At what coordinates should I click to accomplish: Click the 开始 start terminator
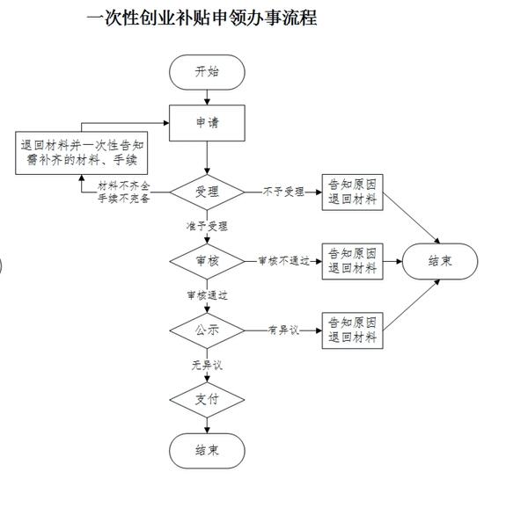pyautogui.click(x=207, y=72)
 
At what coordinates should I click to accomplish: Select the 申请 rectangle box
pyautogui.click(x=207, y=123)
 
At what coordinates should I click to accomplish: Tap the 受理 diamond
pyautogui.click(x=207, y=192)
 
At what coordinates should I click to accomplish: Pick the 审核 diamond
pyautogui.click(x=207, y=261)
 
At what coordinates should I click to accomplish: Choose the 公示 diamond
pyautogui.click(x=207, y=330)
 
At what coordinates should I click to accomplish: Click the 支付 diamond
pyautogui.click(x=207, y=400)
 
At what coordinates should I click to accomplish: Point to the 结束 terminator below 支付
pyautogui.click(x=207, y=451)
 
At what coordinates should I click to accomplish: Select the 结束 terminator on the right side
pyautogui.click(x=440, y=261)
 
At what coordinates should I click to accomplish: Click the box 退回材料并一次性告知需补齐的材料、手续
pyautogui.click(x=82, y=153)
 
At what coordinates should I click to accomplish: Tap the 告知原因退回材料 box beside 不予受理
pyautogui.click(x=353, y=192)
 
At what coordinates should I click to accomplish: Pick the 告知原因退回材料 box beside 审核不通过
pyautogui.click(x=353, y=261)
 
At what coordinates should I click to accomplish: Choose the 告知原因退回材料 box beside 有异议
pyautogui.click(x=353, y=330)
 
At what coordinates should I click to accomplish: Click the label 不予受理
pyautogui.click(x=283, y=192)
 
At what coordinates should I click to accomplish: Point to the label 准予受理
pyautogui.click(x=207, y=226)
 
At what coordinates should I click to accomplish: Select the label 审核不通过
pyautogui.click(x=284, y=261)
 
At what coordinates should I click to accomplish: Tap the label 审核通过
pyautogui.click(x=207, y=295)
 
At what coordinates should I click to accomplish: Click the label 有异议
pyautogui.click(x=283, y=330)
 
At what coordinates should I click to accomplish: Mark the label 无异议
pyautogui.click(x=207, y=366)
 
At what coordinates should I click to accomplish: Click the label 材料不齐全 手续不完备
pyautogui.click(x=123, y=192)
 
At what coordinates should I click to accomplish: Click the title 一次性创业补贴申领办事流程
pyautogui.click(x=202, y=18)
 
